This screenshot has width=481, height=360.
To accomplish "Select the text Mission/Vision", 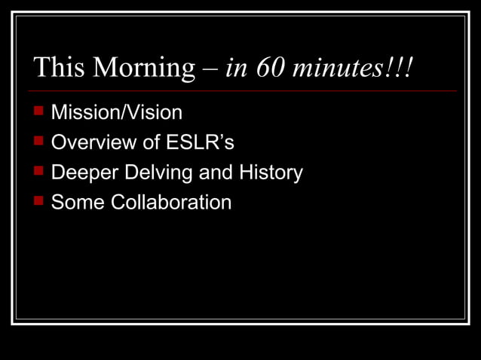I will (117, 113).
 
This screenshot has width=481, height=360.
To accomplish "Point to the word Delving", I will (158, 173).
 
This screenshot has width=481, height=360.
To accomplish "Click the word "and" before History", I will (216, 172).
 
